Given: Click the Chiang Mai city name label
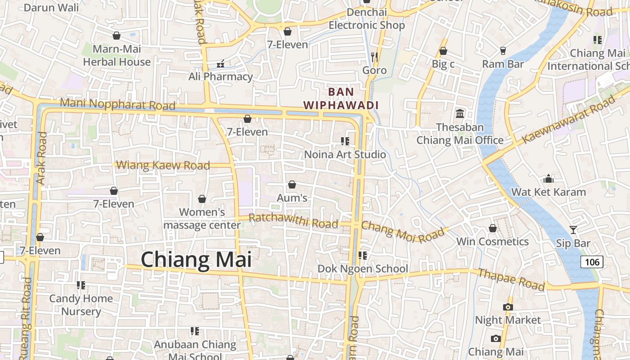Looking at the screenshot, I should click(196, 260).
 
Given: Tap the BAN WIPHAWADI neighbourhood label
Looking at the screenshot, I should click(341, 99).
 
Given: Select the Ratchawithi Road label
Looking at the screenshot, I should click(293, 221).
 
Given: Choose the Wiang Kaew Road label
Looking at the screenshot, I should click(163, 165).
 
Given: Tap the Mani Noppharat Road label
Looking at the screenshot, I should click(117, 104).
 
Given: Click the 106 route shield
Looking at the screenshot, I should click(591, 261).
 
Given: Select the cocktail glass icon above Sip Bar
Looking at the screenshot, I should click(573, 230).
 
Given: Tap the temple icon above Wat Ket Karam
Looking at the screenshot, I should click(548, 179).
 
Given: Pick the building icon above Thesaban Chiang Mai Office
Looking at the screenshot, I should click(460, 113).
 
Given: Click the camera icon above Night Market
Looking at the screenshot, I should click(508, 307).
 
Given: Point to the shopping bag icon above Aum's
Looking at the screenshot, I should click(292, 184).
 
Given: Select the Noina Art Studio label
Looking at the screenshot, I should click(345, 154).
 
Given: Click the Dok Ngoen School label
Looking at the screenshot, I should click(363, 269).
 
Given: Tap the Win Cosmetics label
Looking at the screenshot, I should click(492, 242).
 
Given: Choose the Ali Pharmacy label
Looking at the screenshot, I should click(220, 76).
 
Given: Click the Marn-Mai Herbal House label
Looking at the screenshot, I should click(117, 55).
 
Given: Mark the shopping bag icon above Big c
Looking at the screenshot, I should click(443, 51).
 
